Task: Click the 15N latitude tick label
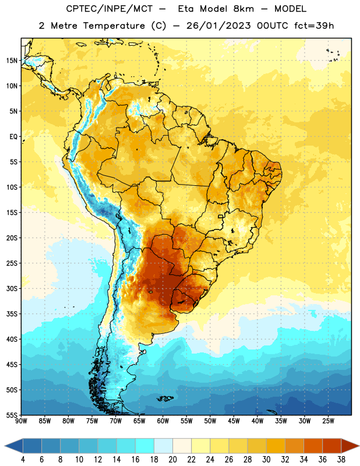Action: [x=12, y=61]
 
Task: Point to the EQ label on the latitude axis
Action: [x=13, y=137]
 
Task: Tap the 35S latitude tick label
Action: [x=12, y=314]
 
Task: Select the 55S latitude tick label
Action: [x=12, y=415]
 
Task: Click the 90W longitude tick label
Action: [x=21, y=421]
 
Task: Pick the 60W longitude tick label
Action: [x=163, y=421]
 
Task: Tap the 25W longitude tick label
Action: [x=328, y=421]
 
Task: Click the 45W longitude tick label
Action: [x=234, y=421]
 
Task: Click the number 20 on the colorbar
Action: [x=172, y=460]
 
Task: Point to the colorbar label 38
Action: [x=341, y=460]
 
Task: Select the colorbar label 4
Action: [x=23, y=460]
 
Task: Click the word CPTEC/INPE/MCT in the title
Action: [x=110, y=9]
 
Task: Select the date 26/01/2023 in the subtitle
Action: [x=218, y=26]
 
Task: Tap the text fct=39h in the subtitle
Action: [x=314, y=26]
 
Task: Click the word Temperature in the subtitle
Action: [x=114, y=26]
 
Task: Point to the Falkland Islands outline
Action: [x=165, y=398]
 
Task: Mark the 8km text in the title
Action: [x=243, y=9]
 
